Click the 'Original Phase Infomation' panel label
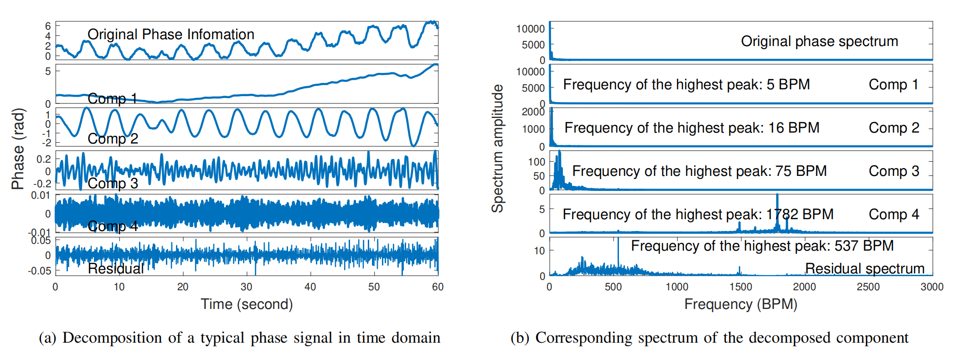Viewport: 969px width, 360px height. click(x=170, y=34)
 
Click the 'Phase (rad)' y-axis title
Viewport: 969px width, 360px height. click(x=18, y=149)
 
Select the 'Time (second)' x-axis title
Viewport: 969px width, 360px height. click(x=247, y=304)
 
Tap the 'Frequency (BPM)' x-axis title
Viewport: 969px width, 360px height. click(x=741, y=304)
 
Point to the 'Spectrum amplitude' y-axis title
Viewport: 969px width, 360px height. click(x=497, y=149)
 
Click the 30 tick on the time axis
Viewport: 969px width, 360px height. click(x=247, y=287)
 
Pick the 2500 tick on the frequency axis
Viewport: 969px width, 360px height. click(x=868, y=287)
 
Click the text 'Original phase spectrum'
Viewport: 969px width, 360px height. click(x=819, y=41)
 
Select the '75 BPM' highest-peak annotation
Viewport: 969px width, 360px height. click(x=699, y=171)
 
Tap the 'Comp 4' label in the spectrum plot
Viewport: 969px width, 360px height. click(x=894, y=214)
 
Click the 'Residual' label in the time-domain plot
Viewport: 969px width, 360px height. click(x=116, y=268)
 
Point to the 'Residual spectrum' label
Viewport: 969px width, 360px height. click(x=865, y=268)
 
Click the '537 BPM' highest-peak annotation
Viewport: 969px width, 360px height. click(x=762, y=246)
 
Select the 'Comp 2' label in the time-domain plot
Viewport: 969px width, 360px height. click(x=113, y=139)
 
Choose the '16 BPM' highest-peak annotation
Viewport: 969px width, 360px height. click(x=692, y=128)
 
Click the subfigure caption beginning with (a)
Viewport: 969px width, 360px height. click(x=239, y=338)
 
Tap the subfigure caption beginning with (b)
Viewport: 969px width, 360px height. click(x=709, y=338)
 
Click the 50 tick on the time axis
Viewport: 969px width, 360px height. click(x=374, y=287)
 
